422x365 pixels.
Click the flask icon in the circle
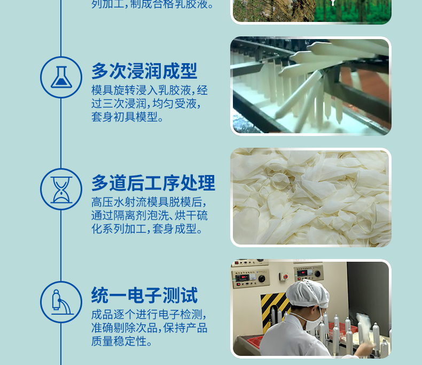click(61, 78)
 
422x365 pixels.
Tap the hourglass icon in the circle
click(61, 189)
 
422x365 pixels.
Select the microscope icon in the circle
click(61, 302)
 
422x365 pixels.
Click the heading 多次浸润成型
click(144, 71)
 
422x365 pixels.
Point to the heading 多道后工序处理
click(153, 183)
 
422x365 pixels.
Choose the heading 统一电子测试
click(144, 295)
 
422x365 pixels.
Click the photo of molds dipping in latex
click(311, 86)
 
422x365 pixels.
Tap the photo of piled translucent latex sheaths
click(311, 197)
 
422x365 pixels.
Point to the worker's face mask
click(313, 319)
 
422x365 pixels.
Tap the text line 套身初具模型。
click(128, 117)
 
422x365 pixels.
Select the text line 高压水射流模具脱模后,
click(149, 202)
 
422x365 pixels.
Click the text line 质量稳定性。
click(122, 341)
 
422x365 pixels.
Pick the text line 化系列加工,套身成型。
click(147, 229)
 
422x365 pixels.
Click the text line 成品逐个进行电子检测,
click(149, 314)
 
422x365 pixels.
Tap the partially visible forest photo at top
click(311, 11)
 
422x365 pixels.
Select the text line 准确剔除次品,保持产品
click(149, 328)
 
